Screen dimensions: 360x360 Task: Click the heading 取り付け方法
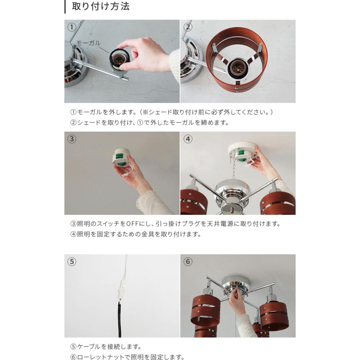[x=100, y=7]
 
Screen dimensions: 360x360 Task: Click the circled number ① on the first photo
[x=72, y=27]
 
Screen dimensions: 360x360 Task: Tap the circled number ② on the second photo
[x=188, y=27]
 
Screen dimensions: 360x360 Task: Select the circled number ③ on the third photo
[x=72, y=139]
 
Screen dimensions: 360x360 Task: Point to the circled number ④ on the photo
[x=188, y=139]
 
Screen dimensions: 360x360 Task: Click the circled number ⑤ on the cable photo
[x=72, y=262]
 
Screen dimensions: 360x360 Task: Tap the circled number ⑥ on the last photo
[x=188, y=262]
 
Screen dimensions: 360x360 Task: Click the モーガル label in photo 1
[x=88, y=43]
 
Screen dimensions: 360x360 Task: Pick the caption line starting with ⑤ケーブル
[x=106, y=347]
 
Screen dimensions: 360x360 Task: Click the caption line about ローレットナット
[x=127, y=357]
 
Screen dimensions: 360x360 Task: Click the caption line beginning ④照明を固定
[x=136, y=234]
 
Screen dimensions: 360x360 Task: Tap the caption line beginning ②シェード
[x=150, y=123]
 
